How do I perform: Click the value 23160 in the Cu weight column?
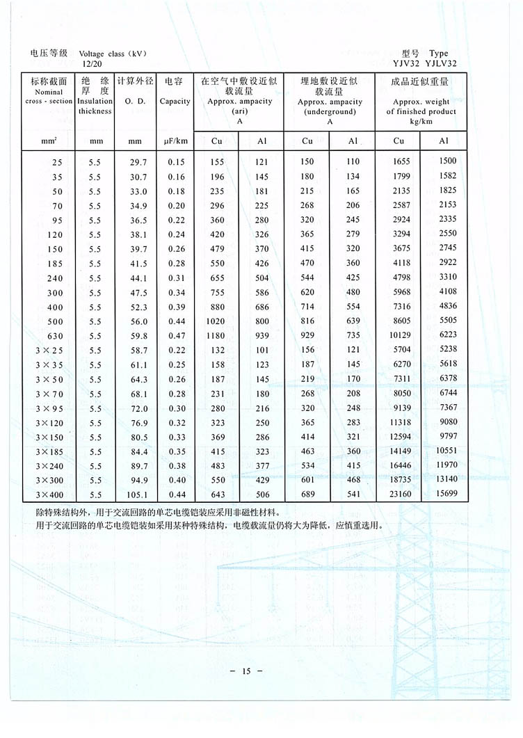399,495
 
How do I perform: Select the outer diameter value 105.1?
135,495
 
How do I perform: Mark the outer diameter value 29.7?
135,161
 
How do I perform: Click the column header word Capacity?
175,102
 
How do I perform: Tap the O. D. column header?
135,102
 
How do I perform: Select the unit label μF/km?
175,141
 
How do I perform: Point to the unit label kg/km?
421,121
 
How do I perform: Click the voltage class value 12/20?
91,63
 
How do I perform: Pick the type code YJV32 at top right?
417,63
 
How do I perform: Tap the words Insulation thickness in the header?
95,106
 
